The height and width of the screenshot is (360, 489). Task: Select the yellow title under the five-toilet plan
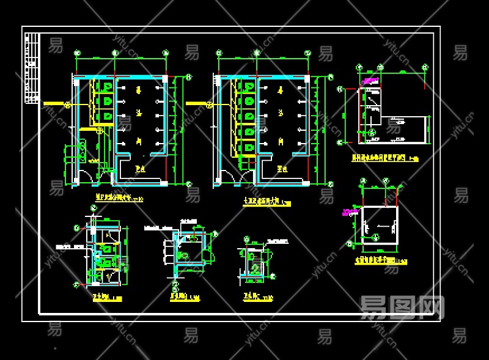(267, 202)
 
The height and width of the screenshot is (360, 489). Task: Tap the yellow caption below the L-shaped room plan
(384, 158)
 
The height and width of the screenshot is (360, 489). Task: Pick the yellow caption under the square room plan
(380, 261)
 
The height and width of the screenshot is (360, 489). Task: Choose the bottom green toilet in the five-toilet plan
(249, 149)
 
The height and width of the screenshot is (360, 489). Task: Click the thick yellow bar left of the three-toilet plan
(56, 103)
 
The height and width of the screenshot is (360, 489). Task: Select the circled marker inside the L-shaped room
(372, 132)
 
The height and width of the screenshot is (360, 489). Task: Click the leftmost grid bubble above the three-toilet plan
(77, 53)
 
